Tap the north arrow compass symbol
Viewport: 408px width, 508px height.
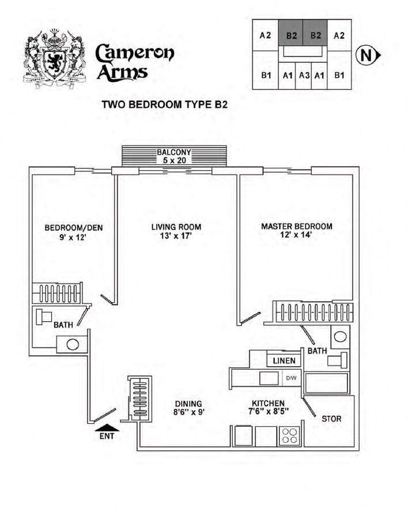tap(368, 55)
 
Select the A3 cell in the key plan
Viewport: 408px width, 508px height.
tap(304, 75)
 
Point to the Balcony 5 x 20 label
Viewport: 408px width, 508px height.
tap(174, 156)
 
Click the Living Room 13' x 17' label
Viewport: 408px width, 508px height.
tap(176, 231)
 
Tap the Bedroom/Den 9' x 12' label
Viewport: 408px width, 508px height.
tap(73, 232)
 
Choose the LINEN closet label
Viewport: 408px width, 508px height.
tap(284, 361)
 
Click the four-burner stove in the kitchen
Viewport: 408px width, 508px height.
tap(290, 436)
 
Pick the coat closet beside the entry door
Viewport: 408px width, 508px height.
tap(139, 398)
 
